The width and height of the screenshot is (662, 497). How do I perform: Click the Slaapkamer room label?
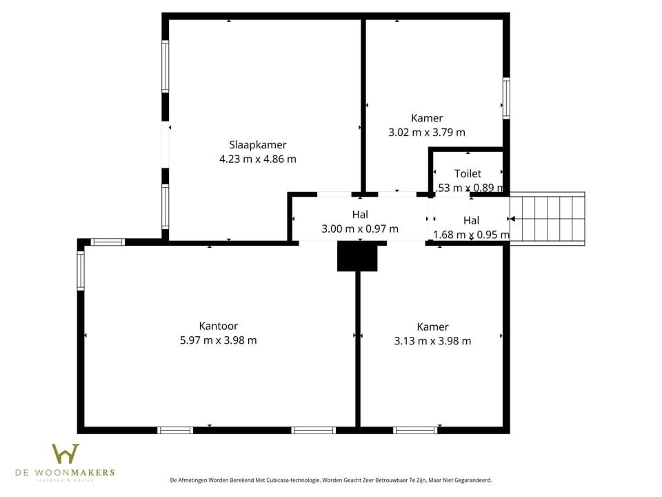coord(257,145)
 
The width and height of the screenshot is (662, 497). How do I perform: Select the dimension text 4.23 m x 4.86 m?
coord(257,159)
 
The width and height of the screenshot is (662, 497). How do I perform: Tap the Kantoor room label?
coord(218,326)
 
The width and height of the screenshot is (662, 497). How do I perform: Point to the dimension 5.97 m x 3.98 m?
coord(218,340)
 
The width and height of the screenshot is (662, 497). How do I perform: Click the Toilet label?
coord(468,174)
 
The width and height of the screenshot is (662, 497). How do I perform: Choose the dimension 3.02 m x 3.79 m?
coord(427,132)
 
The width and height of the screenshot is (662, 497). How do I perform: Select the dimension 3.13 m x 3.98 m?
coord(432,340)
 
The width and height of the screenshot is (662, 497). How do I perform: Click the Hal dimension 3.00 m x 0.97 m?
coord(359,228)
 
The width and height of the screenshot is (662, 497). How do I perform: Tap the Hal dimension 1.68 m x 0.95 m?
coord(471,235)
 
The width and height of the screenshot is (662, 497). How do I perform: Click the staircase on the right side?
coord(550,218)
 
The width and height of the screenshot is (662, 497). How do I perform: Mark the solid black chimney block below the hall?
coord(357,256)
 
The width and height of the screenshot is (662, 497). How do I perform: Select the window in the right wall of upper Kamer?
coord(506,98)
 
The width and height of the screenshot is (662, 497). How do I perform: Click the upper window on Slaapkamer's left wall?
coord(165,66)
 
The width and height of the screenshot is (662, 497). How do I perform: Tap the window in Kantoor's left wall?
coord(81,271)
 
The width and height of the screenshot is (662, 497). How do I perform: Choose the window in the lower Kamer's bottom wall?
coord(415,430)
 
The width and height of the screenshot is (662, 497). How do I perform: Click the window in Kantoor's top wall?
coord(108,242)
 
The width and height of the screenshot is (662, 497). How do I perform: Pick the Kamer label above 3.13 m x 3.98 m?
coord(432,327)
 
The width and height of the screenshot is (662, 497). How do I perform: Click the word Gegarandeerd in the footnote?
coord(470,480)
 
